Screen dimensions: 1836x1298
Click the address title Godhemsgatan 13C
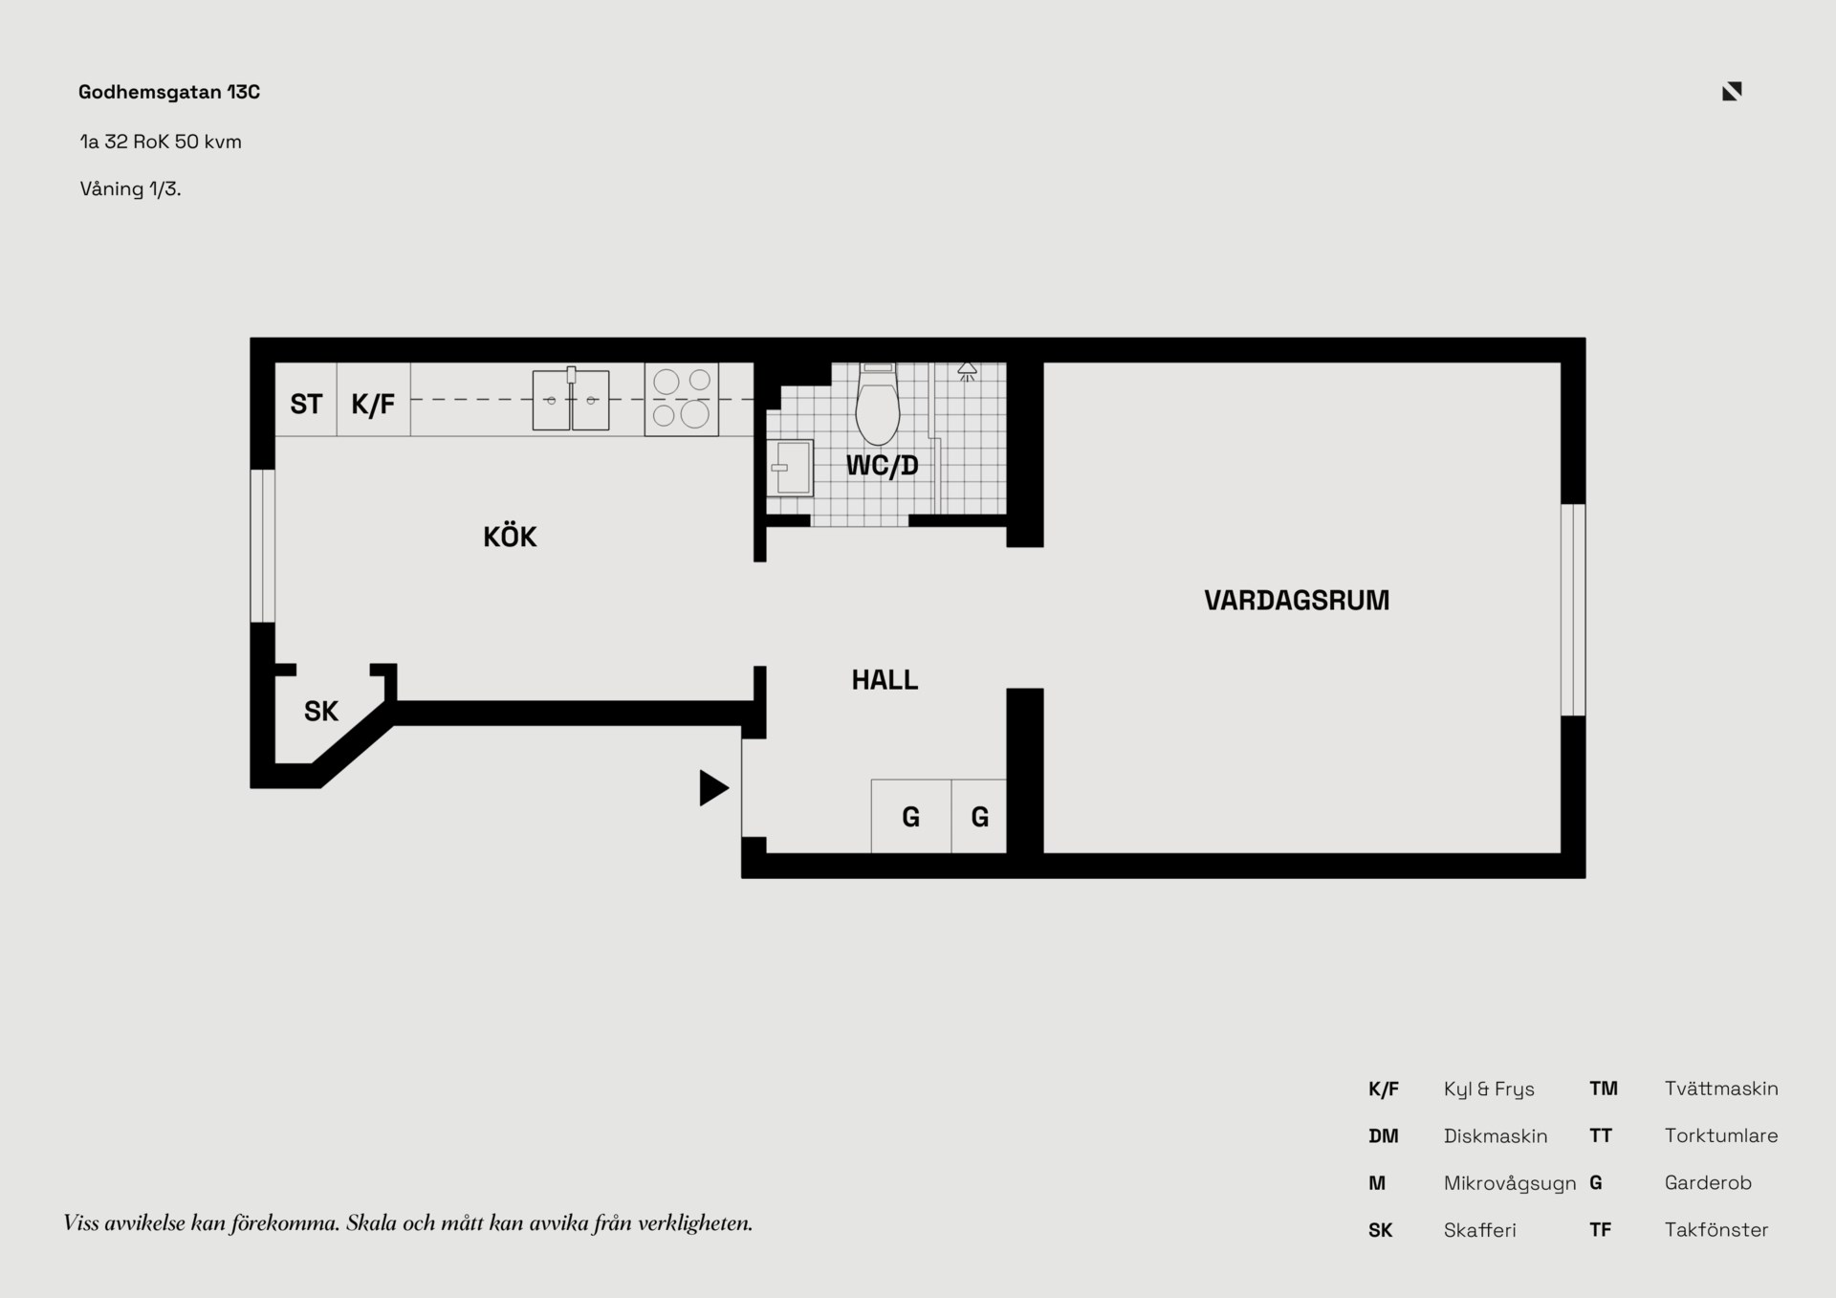pyautogui.click(x=169, y=92)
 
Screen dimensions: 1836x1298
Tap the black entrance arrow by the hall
pyautogui.click(x=713, y=788)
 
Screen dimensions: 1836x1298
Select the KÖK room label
pyautogui.click(x=510, y=536)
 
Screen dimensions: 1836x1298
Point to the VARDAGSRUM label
pyautogui.click(x=1296, y=601)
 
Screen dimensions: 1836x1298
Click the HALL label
pyautogui.click(x=885, y=680)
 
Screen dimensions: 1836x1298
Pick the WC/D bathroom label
pyautogui.click(x=882, y=466)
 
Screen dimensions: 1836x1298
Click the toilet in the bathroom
pyautogui.click(x=878, y=404)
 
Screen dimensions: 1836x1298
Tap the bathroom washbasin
pyautogui.click(x=791, y=468)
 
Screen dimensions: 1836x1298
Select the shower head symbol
pyautogui.click(x=967, y=372)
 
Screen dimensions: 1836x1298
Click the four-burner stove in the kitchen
pyautogui.click(x=681, y=399)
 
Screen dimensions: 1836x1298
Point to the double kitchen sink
pyautogui.click(x=571, y=400)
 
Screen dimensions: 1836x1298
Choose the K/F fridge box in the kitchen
pyautogui.click(x=373, y=399)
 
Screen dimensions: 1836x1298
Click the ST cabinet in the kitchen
pyautogui.click(x=306, y=399)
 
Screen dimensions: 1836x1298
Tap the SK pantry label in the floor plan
pyautogui.click(x=321, y=712)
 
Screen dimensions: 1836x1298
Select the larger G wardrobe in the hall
pyautogui.click(x=911, y=816)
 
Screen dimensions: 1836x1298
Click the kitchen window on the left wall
pyautogui.click(x=263, y=546)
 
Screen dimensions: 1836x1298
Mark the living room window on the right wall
pyautogui.click(x=1573, y=609)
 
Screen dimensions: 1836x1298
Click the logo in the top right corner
pyautogui.click(x=1732, y=91)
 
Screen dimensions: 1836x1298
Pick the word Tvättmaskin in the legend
pyautogui.click(x=1721, y=1089)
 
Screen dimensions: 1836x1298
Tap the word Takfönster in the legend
pyautogui.click(x=1716, y=1230)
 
